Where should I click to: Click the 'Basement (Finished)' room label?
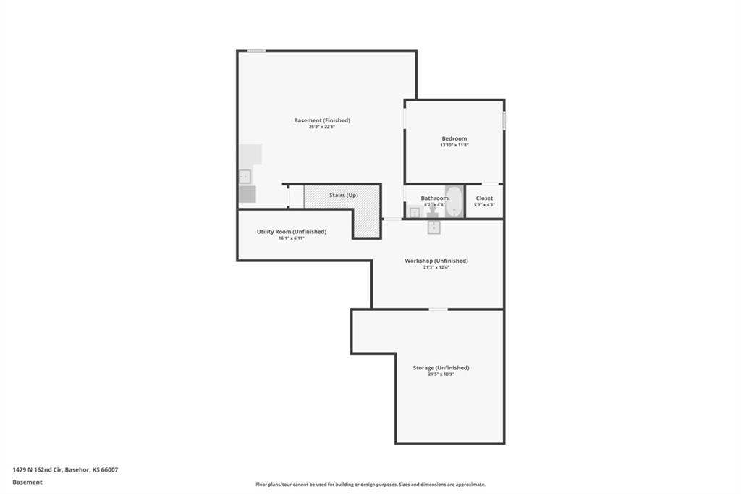pyautogui.click(x=322, y=120)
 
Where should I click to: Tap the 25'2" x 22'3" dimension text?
pyautogui.click(x=322, y=127)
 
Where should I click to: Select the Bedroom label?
pyautogui.click(x=454, y=138)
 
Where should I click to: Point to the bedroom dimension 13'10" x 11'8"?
pyautogui.click(x=454, y=146)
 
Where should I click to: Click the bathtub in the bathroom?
pyautogui.click(x=454, y=201)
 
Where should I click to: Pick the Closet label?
pyautogui.click(x=484, y=198)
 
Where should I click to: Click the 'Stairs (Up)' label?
pyautogui.click(x=344, y=195)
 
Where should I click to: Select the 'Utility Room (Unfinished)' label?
pyautogui.click(x=292, y=231)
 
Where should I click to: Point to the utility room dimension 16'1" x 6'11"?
pyautogui.click(x=292, y=238)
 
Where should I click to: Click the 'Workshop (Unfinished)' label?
pyautogui.click(x=436, y=261)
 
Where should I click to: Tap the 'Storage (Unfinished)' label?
pyautogui.click(x=441, y=368)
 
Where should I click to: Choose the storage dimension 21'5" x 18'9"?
pyautogui.click(x=441, y=374)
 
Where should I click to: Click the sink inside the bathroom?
pyautogui.click(x=415, y=212)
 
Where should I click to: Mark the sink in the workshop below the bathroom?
pyautogui.click(x=434, y=227)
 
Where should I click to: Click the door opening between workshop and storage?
pyautogui.click(x=438, y=309)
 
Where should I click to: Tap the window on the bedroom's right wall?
pyautogui.click(x=504, y=120)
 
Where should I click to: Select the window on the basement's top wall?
pyautogui.click(x=257, y=51)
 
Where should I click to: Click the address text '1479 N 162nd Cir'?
pyautogui.click(x=38, y=470)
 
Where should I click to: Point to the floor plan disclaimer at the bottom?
pyautogui.click(x=370, y=485)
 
